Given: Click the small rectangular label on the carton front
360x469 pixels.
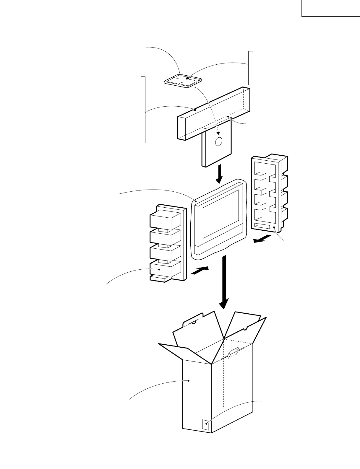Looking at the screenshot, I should (205, 425).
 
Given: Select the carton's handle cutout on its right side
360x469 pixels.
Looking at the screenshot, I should (233, 353).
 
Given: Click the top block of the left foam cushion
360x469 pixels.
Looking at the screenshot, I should (165, 219).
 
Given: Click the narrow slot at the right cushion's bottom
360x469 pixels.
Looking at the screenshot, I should (262, 227).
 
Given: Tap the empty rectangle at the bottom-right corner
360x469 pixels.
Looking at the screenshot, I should (309, 433).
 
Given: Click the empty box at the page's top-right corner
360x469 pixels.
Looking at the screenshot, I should (330, 8).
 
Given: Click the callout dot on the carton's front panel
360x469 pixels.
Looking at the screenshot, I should (189, 381).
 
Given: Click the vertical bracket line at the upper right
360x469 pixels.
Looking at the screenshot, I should (249, 68).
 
